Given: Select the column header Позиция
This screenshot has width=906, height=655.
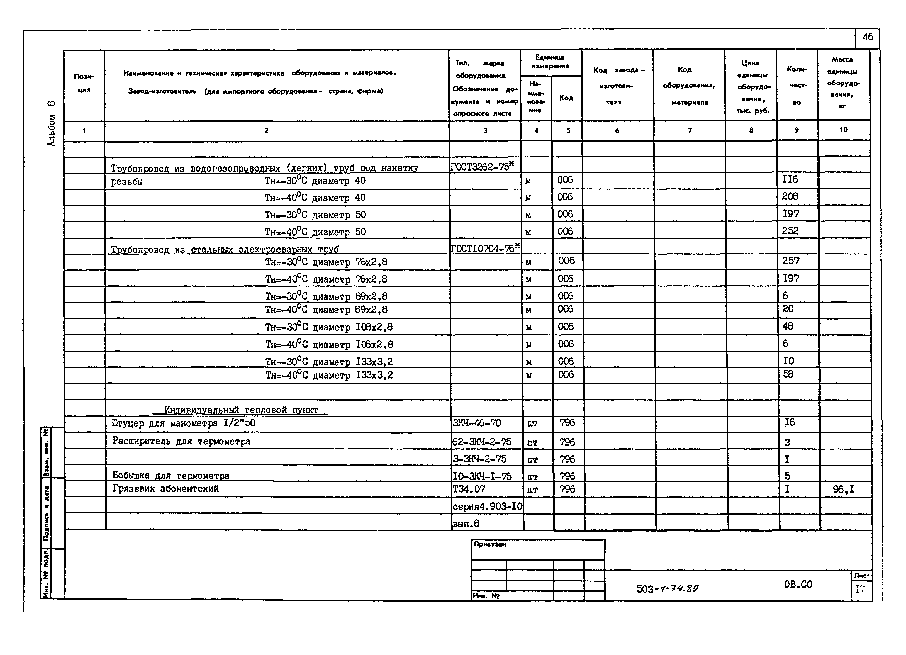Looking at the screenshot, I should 84,83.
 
